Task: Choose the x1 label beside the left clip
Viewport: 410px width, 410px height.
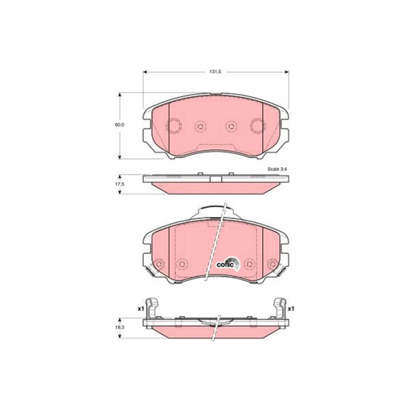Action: click(141, 307)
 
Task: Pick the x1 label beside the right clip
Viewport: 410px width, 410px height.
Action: click(291, 307)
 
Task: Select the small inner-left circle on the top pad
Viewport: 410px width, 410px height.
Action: click(200, 125)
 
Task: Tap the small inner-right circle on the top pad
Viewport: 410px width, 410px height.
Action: click(231, 125)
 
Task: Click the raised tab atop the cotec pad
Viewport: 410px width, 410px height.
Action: click(214, 210)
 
